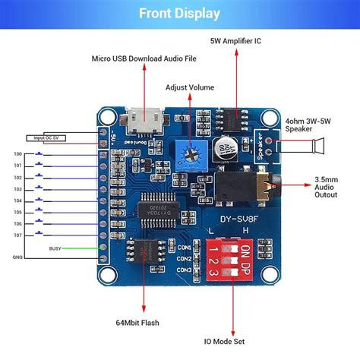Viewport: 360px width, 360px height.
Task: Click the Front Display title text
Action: [180, 13]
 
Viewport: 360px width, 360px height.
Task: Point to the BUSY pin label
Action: [55, 248]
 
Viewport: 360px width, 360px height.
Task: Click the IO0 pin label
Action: [17, 154]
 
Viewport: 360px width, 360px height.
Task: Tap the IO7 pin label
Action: [17, 235]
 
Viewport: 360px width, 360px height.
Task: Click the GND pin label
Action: [17, 258]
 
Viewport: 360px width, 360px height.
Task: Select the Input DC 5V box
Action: [46, 137]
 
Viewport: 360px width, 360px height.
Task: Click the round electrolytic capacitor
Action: [226, 150]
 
